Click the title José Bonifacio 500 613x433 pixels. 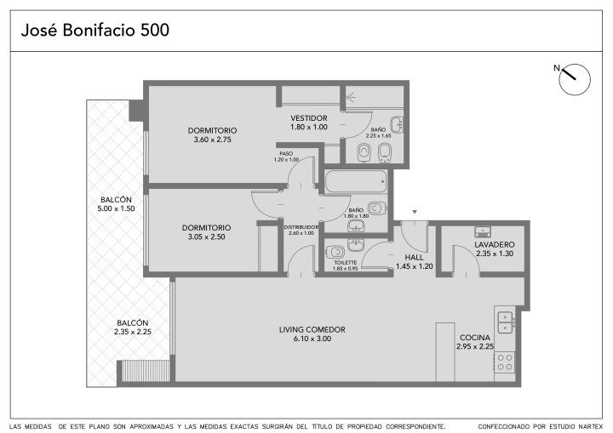click(x=95, y=30)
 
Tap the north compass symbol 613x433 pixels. click(x=574, y=79)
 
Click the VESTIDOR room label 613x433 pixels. click(x=309, y=118)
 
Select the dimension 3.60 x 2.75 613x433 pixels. click(x=213, y=140)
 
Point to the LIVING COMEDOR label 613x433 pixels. click(x=312, y=329)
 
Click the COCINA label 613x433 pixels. click(x=474, y=337)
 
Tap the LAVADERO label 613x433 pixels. click(x=495, y=245)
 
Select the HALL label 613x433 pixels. click(x=414, y=258)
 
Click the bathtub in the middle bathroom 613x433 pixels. click(x=356, y=181)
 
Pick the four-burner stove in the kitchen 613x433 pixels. click(x=505, y=362)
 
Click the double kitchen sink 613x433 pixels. click(x=505, y=322)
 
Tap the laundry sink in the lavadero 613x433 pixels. click(x=483, y=231)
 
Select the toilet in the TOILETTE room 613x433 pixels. click(x=335, y=252)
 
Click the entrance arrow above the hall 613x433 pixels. click(x=415, y=212)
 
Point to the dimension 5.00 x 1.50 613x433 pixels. click(x=116, y=208)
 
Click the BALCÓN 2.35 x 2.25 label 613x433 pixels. click(x=133, y=328)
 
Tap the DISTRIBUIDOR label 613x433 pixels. click(x=301, y=227)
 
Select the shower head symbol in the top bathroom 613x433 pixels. click(x=351, y=96)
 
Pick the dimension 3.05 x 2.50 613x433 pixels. click(x=206, y=236)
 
